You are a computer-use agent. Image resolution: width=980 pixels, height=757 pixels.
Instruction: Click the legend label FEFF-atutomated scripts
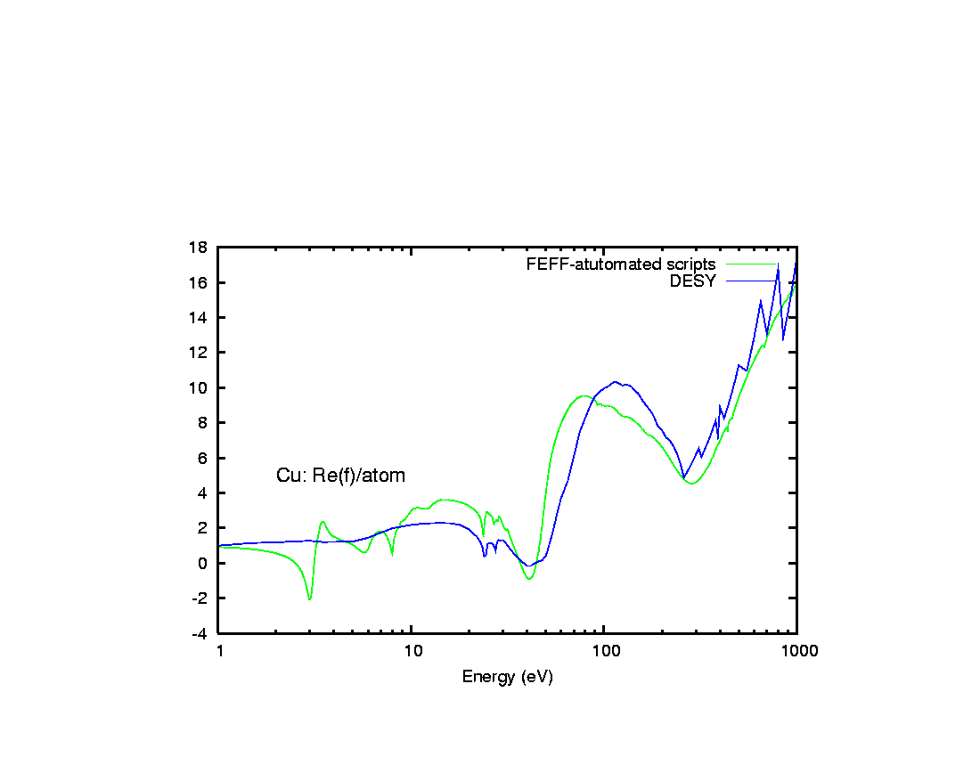(x=620, y=265)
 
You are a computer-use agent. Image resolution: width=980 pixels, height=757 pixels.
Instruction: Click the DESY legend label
(x=692, y=281)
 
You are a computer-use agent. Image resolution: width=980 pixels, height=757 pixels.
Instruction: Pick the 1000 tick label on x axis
(x=796, y=651)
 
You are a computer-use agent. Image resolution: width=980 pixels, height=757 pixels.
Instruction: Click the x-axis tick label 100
(x=604, y=651)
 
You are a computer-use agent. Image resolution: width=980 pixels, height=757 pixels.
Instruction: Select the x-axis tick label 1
(x=219, y=651)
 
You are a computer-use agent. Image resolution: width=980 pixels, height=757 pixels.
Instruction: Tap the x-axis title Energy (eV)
(x=507, y=677)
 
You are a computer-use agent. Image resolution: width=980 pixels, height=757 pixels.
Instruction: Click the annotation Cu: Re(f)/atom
(x=340, y=476)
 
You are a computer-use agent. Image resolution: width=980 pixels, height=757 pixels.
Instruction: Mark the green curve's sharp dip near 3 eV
(x=309, y=599)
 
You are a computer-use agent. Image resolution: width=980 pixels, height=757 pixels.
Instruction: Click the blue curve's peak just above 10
(x=615, y=382)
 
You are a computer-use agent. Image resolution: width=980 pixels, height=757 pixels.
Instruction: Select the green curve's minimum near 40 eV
(x=529, y=580)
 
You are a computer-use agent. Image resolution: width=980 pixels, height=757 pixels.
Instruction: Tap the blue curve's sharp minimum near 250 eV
(x=684, y=478)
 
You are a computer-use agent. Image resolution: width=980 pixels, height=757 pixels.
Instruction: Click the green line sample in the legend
(x=751, y=265)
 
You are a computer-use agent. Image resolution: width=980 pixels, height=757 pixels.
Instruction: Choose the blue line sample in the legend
(x=751, y=281)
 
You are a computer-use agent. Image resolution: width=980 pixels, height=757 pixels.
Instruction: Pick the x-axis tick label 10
(x=412, y=651)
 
